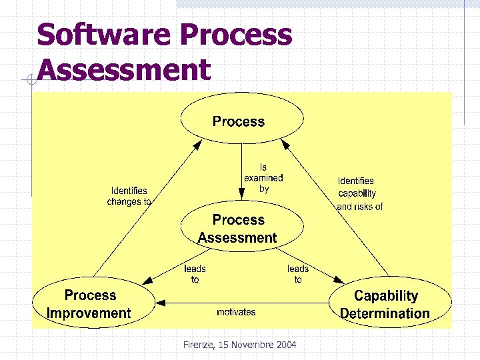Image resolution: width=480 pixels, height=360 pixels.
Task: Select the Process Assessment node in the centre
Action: (x=238, y=229)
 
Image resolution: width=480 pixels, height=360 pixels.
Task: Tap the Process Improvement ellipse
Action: (x=89, y=304)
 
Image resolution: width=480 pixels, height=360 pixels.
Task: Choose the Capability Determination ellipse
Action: (x=387, y=304)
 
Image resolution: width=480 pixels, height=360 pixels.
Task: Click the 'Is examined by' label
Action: (x=263, y=178)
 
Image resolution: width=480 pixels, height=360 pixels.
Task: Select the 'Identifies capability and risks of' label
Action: (x=359, y=193)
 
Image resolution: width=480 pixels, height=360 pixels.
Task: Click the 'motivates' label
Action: (x=236, y=312)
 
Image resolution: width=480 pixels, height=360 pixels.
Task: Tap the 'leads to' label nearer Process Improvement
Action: (x=195, y=274)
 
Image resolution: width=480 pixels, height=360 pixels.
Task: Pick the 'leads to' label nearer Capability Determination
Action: (x=298, y=274)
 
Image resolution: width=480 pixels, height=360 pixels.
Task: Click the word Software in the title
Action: (x=97, y=35)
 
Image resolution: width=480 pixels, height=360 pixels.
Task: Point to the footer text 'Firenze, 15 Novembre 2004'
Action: (x=240, y=345)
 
